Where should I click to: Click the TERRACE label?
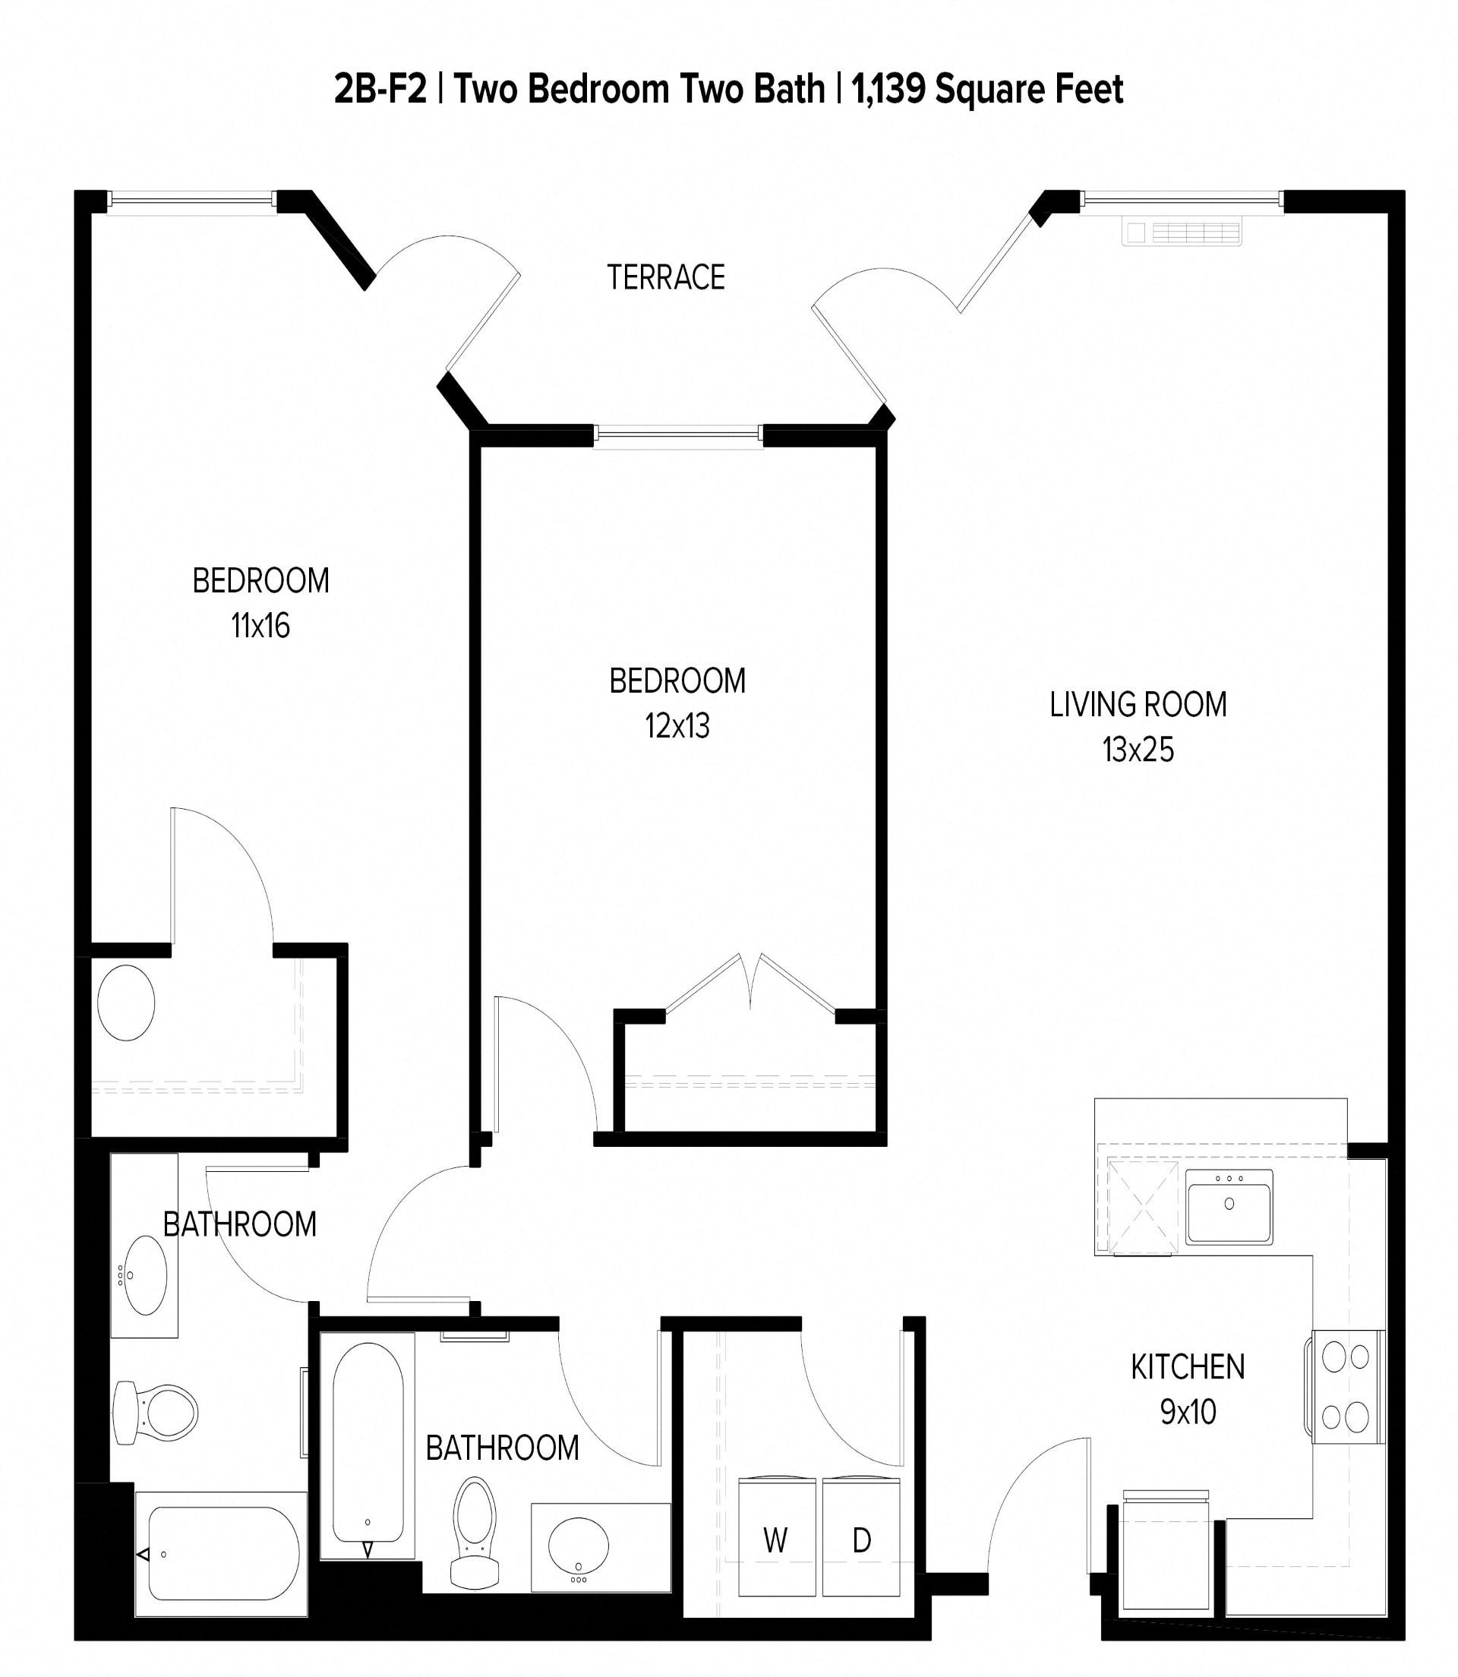point(665,278)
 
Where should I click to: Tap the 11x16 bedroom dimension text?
point(260,626)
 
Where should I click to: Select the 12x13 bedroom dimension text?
point(677,726)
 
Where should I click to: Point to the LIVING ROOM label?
point(1138,705)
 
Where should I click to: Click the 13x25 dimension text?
point(1138,750)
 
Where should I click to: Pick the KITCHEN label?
point(1187,1367)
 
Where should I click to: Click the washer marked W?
point(776,1540)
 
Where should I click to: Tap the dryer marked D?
point(862,1540)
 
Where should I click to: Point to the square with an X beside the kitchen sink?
point(1143,1208)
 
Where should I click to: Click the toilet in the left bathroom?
point(155,1413)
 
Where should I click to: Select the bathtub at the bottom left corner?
point(222,1554)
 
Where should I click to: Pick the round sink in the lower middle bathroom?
point(579,1544)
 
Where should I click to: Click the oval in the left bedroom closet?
point(126,1003)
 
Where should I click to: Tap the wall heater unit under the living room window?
point(1182,231)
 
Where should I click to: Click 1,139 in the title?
point(888,90)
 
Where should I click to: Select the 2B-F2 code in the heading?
point(380,90)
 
